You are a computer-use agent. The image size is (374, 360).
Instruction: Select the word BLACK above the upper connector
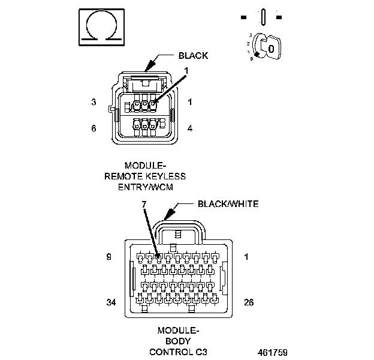(x=193, y=56)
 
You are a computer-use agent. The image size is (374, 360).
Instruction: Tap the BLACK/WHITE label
(x=228, y=204)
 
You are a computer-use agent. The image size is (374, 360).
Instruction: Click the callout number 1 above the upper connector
(x=186, y=71)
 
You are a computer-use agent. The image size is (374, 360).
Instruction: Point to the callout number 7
(x=144, y=205)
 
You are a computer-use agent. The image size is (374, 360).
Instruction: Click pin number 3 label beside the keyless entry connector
(x=93, y=103)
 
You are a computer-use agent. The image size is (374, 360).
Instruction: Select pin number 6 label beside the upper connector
(x=93, y=128)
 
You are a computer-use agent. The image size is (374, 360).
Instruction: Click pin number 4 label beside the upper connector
(x=190, y=128)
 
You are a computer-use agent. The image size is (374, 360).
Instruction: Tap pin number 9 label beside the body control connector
(x=108, y=257)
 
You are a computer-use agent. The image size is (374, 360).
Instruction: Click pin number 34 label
(x=110, y=302)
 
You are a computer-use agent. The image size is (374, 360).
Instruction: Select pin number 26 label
(x=248, y=302)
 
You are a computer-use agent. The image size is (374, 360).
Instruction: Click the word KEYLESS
(x=164, y=176)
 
